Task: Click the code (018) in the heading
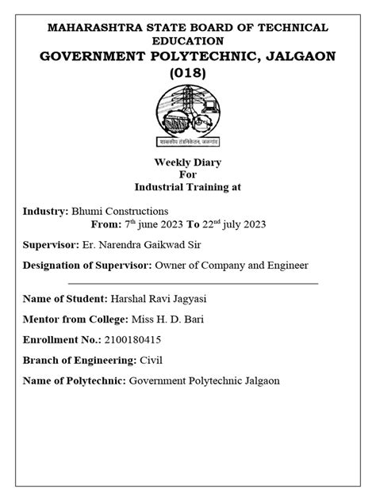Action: pyautogui.click(x=188, y=72)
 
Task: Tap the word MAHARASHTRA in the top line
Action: pyautogui.click(x=94, y=28)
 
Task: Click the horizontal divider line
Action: pyautogui.click(x=194, y=282)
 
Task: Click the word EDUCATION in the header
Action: pyautogui.click(x=188, y=40)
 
